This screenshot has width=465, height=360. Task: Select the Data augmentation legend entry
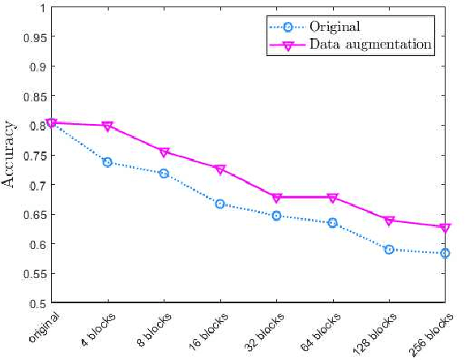369,44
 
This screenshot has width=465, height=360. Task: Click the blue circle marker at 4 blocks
108,162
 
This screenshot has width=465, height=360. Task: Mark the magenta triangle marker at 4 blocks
108,126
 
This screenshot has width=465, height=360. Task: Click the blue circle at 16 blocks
220,204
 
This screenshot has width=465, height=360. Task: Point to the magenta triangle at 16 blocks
220,169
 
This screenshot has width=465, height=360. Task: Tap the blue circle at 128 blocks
389,249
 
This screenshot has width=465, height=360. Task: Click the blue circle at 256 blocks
445,253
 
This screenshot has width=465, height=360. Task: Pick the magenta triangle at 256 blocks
445,228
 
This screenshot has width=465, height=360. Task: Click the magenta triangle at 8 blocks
164,152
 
